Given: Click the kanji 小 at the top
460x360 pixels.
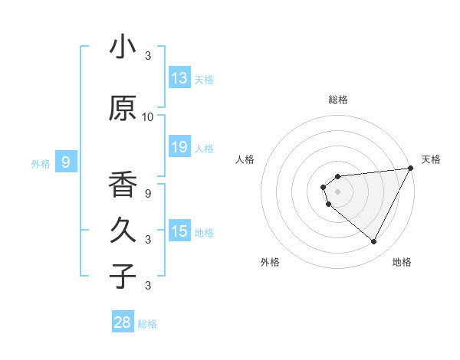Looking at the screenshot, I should point(123,47).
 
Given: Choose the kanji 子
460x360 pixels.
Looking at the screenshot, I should point(123,276).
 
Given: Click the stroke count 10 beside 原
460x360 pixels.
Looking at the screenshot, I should point(148,117).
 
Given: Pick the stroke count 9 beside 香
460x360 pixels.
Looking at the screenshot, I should point(148,193).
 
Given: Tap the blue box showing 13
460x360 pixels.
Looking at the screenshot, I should point(179,78).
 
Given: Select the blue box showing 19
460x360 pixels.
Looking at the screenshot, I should point(179,147).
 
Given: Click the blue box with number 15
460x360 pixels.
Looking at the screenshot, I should point(179,231).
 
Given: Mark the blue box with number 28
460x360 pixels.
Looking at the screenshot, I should point(123,322).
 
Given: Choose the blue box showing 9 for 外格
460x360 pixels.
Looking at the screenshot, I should point(67,162).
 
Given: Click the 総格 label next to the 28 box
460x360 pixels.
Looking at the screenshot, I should point(147,324).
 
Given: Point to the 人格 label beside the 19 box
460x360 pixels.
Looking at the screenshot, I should point(204,149).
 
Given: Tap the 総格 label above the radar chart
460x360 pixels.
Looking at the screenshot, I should point(337,100).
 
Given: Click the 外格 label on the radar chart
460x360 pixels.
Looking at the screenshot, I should point(270,263).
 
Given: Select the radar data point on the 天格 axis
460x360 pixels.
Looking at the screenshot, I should point(410,168).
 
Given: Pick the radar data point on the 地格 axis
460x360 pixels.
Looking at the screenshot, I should point(373,242).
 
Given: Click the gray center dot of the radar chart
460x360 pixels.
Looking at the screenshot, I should point(337,190).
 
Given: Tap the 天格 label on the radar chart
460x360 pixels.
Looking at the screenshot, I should point(431,159).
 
